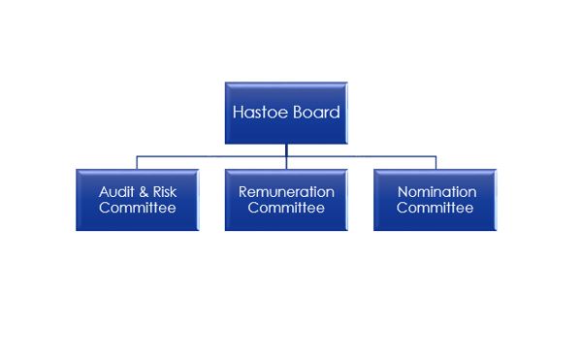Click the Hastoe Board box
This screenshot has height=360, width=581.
click(x=286, y=112)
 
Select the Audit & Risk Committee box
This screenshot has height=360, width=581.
click(x=138, y=200)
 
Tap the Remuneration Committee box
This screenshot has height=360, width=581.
click(x=286, y=200)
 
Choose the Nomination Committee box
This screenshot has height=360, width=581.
click(x=436, y=200)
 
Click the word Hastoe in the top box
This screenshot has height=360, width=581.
click(x=257, y=112)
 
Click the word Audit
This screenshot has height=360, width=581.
click(x=115, y=192)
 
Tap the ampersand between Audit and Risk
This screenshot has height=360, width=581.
click(x=143, y=192)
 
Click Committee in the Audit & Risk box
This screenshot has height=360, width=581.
click(x=138, y=208)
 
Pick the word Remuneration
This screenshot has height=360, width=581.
click(x=286, y=192)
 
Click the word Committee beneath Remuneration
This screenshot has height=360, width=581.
click(x=286, y=208)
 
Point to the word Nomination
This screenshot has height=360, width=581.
click(x=436, y=192)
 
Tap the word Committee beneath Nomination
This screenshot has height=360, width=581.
click(x=436, y=208)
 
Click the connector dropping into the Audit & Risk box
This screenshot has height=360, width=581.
click(x=138, y=163)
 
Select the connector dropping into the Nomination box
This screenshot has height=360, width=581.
click(x=436, y=163)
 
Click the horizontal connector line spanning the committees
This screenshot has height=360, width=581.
click(x=213, y=156)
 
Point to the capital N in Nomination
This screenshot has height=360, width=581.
click(x=401, y=192)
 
